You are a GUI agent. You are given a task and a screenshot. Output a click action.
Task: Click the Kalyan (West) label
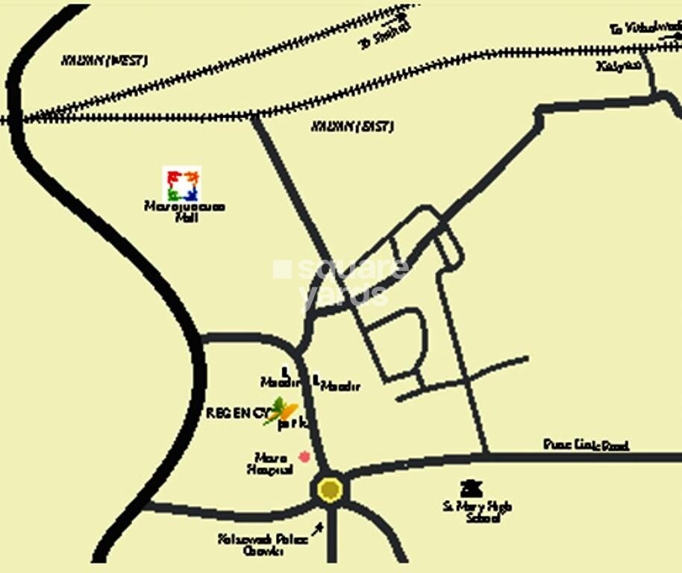[104, 60]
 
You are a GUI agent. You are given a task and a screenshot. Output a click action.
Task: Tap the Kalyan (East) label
[352, 126]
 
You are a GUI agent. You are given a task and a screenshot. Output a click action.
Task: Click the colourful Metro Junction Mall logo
[181, 184]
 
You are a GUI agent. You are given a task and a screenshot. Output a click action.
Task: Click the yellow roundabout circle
[330, 489]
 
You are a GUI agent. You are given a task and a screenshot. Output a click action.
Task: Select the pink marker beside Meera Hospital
[304, 456]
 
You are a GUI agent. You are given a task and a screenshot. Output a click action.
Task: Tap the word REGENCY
[237, 412]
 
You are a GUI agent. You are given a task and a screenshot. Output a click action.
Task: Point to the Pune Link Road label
[586, 445]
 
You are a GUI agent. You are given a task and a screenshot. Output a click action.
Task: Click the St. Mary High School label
[477, 512]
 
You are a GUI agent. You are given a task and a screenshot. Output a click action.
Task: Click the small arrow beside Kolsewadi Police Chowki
[319, 529]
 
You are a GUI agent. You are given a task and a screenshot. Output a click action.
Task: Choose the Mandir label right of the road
[340, 386]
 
